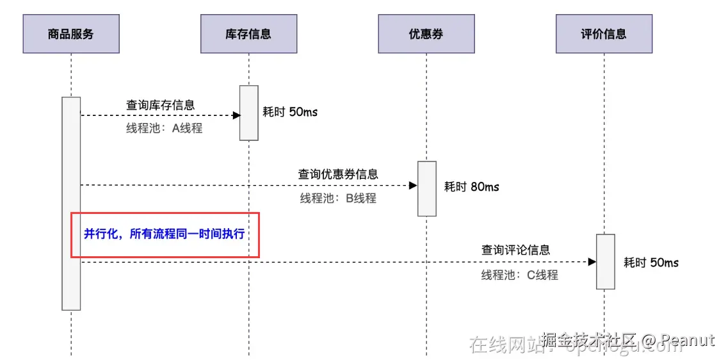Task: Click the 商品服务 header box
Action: [71, 34]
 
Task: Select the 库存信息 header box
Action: [248, 34]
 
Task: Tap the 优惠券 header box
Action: [426, 34]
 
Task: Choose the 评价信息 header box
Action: [604, 34]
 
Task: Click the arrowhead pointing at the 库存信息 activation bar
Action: [236, 115]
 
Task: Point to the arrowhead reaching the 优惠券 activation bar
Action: [414, 185]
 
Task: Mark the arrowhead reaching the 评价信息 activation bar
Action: [592, 261]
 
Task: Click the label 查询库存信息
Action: [161, 104]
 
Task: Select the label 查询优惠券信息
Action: [338, 174]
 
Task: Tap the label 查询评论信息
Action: [516, 250]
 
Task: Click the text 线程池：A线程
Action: [164, 128]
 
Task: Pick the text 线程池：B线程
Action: [338, 198]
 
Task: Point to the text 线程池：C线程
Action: [520, 275]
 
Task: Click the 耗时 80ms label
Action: [472, 187]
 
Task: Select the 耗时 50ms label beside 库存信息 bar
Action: [290, 112]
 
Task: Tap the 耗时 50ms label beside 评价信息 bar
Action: [651, 263]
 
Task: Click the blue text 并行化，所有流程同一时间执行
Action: [165, 234]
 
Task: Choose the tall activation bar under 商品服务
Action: [71, 203]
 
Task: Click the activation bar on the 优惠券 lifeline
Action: [427, 188]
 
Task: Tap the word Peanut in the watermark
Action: [688, 340]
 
